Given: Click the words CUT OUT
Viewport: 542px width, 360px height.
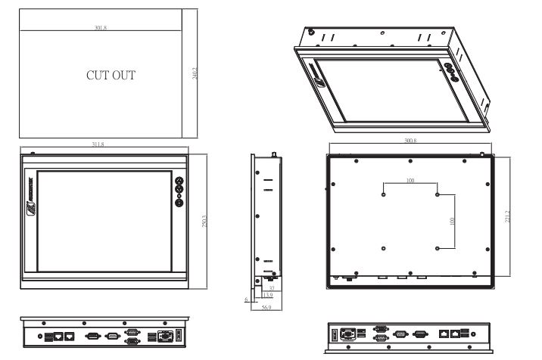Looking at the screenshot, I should click(x=111, y=76).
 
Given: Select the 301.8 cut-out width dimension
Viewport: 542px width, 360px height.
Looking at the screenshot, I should click(x=100, y=29).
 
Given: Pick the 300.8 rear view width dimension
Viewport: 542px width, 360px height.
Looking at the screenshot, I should click(x=410, y=141).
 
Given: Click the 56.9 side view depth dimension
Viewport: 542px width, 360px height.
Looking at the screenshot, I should click(x=266, y=308).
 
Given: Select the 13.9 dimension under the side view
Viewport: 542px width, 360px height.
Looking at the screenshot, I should click(x=268, y=294).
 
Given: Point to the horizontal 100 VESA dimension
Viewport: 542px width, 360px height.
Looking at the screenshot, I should click(x=410, y=182).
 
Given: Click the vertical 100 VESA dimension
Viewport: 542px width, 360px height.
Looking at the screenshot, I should click(x=453, y=221).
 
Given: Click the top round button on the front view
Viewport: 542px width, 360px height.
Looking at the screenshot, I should click(x=179, y=182).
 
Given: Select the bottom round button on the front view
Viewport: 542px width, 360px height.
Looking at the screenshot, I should click(x=179, y=202).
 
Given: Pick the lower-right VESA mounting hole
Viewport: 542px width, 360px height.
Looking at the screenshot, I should click(x=438, y=247).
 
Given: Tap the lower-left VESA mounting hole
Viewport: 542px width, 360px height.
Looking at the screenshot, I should click(x=384, y=247).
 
